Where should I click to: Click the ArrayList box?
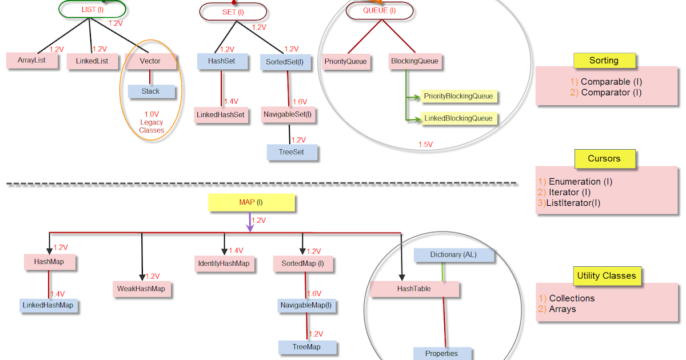tap(32, 61)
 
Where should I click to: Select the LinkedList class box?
tap(92, 61)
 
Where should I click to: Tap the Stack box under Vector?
tap(151, 91)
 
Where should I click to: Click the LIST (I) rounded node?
tap(92, 9)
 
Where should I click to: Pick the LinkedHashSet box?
tap(221, 115)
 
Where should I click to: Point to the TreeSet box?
tap(292, 152)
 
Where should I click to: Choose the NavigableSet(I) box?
tap(288, 114)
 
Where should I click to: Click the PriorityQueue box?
tap(345, 61)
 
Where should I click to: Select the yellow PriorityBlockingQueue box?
tap(458, 96)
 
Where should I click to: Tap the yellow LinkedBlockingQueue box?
tap(458, 118)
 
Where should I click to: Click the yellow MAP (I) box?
tap(252, 202)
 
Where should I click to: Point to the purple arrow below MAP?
tap(250, 222)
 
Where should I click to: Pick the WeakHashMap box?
tap(141, 289)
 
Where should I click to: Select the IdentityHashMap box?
tap(223, 263)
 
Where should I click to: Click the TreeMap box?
tap(307, 347)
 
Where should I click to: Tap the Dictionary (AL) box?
tap(453, 255)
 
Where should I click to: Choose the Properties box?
tap(442, 353)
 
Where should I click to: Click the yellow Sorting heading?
tap(604, 61)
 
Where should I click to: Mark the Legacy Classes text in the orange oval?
tap(151, 126)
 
